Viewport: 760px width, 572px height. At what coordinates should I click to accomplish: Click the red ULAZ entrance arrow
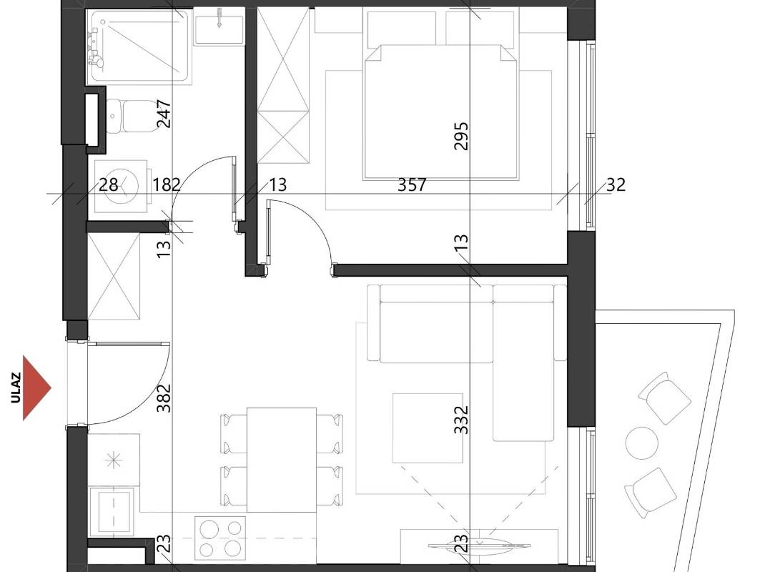tap(35, 388)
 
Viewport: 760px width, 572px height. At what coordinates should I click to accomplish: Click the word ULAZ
tap(16, 388)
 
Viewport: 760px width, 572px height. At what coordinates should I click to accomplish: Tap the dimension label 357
tap(412, 184)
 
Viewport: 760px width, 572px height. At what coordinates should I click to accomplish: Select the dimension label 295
tap(461, 137)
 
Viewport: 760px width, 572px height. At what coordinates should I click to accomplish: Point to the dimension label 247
tap(164, 114)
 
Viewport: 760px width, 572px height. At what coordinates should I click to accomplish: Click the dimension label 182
tap(167, 184)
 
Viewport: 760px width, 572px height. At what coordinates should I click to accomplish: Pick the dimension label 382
tap(164, 398)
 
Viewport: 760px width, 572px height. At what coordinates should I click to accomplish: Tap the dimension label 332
tap(461, 420)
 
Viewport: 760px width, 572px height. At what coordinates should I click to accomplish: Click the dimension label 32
tap(616, 184)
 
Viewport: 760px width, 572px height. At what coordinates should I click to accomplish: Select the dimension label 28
tap(109, 184)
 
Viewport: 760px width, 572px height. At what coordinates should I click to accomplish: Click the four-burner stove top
tap(220, 538)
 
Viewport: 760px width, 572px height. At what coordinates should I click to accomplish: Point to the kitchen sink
tap(112, 512)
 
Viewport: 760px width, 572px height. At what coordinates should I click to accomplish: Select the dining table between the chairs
tap(282, 460)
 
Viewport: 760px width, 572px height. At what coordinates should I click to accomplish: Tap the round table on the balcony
tap(642, 443)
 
